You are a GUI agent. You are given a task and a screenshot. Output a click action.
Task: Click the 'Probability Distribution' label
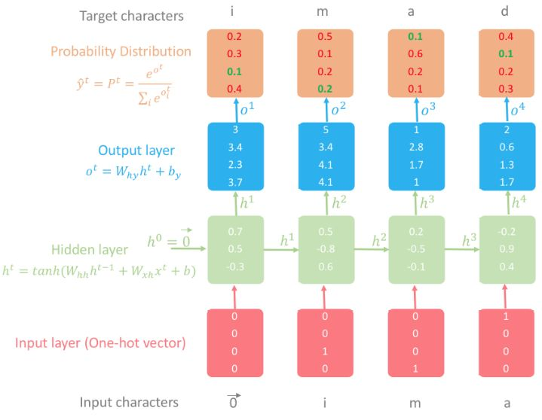[121, 51]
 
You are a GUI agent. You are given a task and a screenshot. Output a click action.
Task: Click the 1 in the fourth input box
[506, 318]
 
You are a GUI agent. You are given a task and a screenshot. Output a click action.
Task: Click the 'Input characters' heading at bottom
[130, 403]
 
